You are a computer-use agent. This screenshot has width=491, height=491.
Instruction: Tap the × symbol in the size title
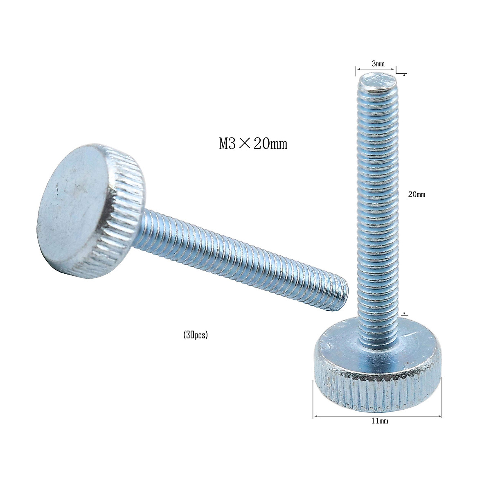[x=246, y=144]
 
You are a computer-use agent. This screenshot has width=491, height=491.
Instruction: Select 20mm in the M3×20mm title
[x=270, y=144]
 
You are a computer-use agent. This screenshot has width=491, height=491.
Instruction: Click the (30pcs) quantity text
[x=196, y=335]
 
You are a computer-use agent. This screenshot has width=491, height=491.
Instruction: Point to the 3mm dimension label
[x=378, y=63]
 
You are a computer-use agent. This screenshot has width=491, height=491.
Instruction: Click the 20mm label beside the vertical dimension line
[x=417, y=194]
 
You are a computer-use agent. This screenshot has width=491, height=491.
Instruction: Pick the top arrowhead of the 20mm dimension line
[x=404, y=76]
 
